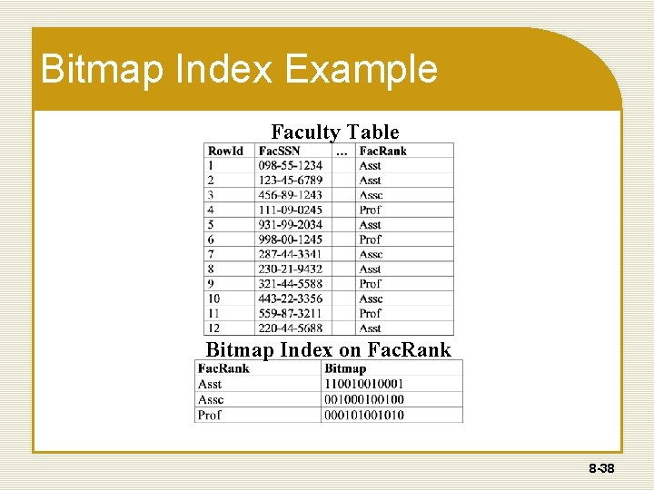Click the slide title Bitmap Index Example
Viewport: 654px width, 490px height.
click(239, 70)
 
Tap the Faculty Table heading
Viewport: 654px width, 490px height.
click(334, 132)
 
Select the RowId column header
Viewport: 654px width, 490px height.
click(225, 151)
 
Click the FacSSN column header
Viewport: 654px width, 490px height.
click(280, 151)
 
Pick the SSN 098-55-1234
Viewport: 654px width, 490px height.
click(291, 166)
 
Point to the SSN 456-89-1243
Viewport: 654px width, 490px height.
click(291, 195)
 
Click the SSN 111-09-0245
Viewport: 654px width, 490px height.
click(291, 210)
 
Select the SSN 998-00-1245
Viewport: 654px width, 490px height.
click(291, 240)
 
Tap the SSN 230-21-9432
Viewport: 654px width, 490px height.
click(291, 269)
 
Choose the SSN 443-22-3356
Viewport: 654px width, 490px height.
click(291, 299)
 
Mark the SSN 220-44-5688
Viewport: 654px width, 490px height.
click(291, 328)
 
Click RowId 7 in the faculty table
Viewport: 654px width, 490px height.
click(211, 254)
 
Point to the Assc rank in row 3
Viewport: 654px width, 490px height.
click(371, 195)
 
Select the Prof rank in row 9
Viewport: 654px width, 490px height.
click(371, 283)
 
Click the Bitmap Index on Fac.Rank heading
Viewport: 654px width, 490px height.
click(328, 350)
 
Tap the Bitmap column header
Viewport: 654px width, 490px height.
click(345, 368)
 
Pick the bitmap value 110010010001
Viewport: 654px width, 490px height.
click(364, 384)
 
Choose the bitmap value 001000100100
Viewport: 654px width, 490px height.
click(364, 399)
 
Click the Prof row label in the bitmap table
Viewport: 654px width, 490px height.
click(210, 415)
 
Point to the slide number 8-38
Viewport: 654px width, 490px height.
click(600, 469)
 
